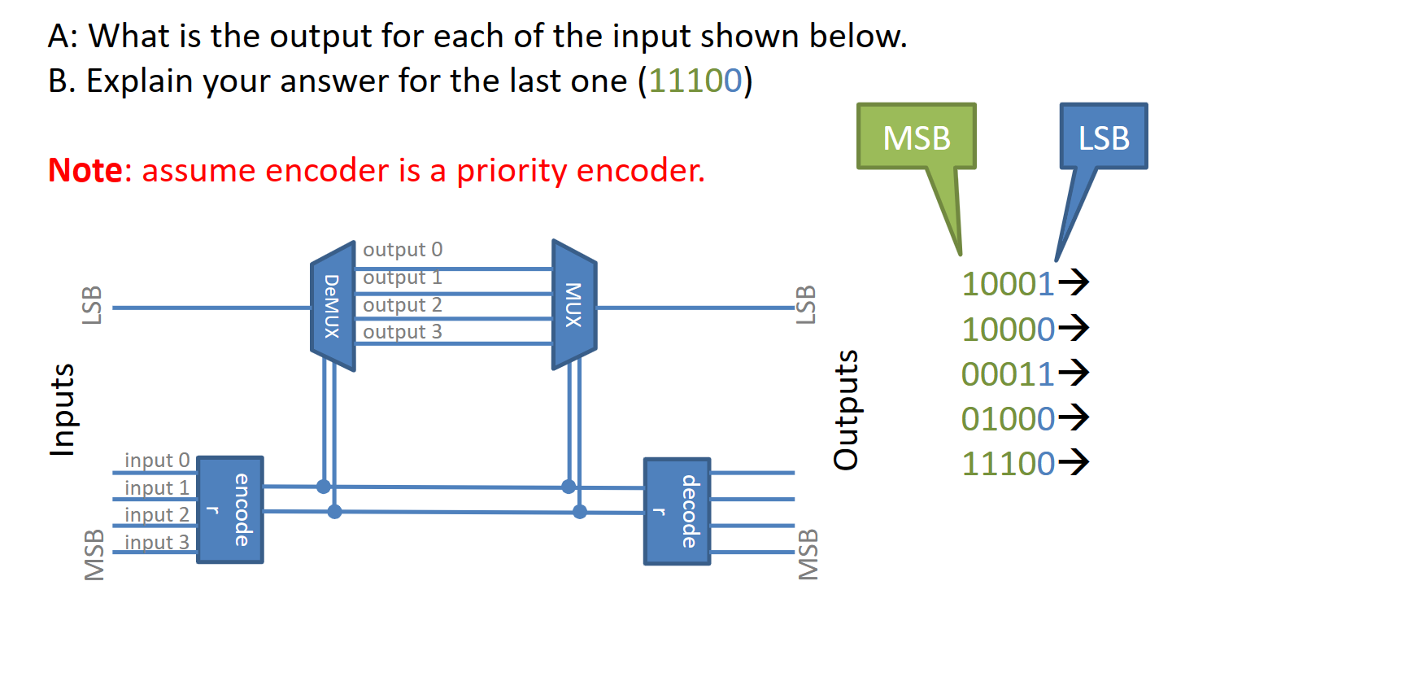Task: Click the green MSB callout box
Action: (x=916, y=137)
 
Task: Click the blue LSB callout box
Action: (x=1103, y=137)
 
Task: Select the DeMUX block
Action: (x=333, y=306)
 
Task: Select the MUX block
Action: (x=574, y=305)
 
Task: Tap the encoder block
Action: (x=230, y=509)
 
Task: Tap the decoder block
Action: (x=677, y=511)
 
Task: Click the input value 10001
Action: (x=1008, y=284)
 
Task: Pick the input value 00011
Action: (x=1008, y=374)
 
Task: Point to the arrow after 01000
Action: (x=1074, y=417)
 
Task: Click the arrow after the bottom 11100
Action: (x=1074, y=462)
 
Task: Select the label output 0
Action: (x=403, y=249)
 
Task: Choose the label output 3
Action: (x=403, y=332)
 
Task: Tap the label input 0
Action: (x=156, y=461)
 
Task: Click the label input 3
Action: (x=156, y=542)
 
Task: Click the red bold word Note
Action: (x=85, y=171)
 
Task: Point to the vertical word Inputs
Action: (x=63, y=409)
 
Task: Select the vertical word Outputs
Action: (x=846, y=409)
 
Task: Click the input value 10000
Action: (x=1008, y=330)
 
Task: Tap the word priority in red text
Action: (x=511, y=171)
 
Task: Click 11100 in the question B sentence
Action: (x=695, y=81)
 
